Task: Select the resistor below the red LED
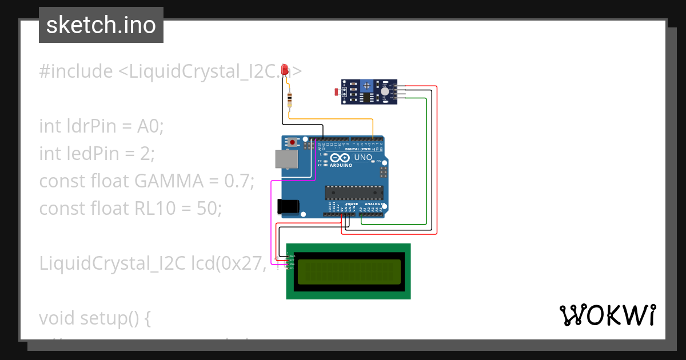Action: pyautogui.click(x=290, y=99)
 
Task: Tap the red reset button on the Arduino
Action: pyautogui.click(x=293, y=142)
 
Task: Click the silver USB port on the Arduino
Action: pyautogui.click(x=286, y=159)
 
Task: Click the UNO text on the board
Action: pyautogui.click(x=363, y=157)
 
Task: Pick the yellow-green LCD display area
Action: pyautogui.click(x=349, y=271)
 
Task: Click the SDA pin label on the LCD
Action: pyautogui.click(x=292, y=264)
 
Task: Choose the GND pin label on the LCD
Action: pyautogui.click(x=292, y=257)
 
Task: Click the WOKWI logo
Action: pyautogui.click(x=607, y=315)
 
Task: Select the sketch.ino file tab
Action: pyautogui.click(x=101, y=25)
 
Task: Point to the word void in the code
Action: pyautogui.click(x=57, y=318)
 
